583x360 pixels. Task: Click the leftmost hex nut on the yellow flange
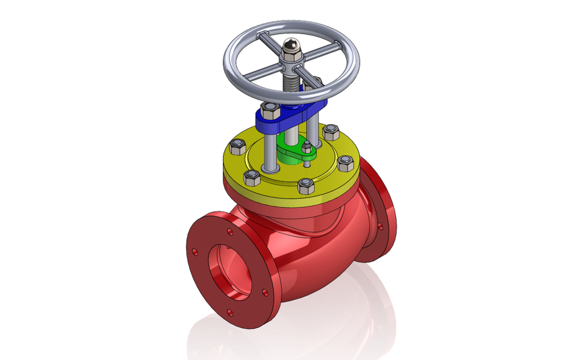pyautogui.click(x=238, y=145)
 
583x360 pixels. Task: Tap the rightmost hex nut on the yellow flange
pyautogui.click(x=346, y=162)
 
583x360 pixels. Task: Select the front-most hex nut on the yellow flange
pyautogui.click(x=305, y=186)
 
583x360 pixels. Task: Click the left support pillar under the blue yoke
pyautogui.click(x=267, y=152)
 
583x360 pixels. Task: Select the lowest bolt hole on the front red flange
pyautogui.click(x=230, y=312)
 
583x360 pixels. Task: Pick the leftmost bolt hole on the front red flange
pyautogui.click(x=195, y=251)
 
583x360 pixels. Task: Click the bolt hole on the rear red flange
pyautogui.click(x=381, y=226)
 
